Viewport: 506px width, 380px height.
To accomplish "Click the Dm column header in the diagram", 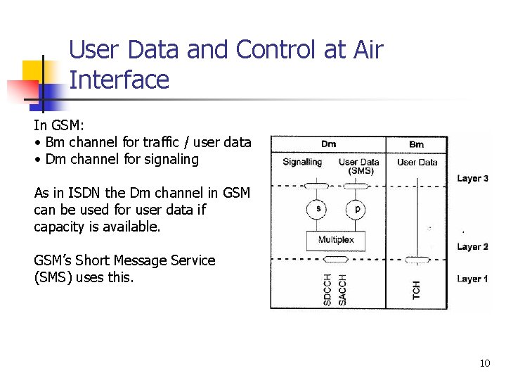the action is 328,144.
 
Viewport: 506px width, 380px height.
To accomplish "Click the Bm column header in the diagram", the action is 417,144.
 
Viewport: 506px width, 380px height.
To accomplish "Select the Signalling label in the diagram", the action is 302,162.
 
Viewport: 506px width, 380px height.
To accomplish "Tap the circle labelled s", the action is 318,209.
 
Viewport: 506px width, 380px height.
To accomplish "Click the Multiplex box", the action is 336,240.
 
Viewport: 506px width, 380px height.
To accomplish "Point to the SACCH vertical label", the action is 342,289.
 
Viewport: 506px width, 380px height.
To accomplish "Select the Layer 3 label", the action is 472,178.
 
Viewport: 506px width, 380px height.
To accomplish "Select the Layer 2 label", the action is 472,246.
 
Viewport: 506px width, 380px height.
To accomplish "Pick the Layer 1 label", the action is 472,279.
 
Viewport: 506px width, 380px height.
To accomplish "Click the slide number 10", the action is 484,363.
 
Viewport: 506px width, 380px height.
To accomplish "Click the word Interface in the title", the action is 119,80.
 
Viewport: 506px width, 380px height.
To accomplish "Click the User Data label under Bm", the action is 417,162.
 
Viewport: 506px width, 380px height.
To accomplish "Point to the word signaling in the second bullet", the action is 169,159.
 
